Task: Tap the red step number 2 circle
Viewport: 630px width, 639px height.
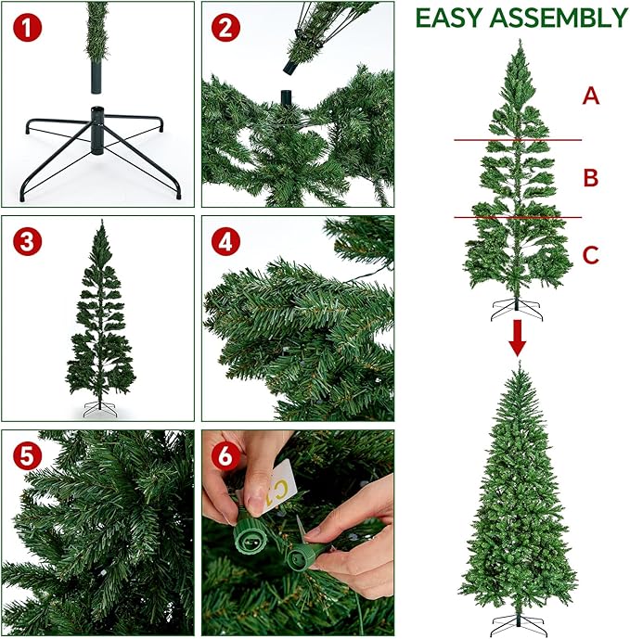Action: pyautogui.click(x=225, y=28)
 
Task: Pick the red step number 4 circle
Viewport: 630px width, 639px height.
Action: pyautogui.click(x=225, y=242)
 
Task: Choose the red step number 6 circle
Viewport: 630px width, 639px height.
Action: pyautogui.click(x=225, y=456)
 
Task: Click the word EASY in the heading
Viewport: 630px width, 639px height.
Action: pyautogui.click(x=450, y=18)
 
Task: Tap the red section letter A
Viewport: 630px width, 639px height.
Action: pyautogui.click(x=590, y=96)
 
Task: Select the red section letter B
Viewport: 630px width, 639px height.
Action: pyautogui.click(x=590, y=176)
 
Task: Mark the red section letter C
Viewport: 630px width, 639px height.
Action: pyautogui.click(x=590, y=254)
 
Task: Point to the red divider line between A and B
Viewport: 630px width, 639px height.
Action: pyautogui.click(x=518, y=140)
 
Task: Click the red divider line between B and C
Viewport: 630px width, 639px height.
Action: pyautogui.click(x=518, y=218)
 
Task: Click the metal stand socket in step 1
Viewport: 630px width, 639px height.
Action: pyautogui.click(x=96, y=130)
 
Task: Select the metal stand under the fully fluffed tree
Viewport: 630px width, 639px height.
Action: pyautogui.click(x=518, y=623)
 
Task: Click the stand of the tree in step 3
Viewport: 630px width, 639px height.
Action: pyautogui.click(x=100, y=410)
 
